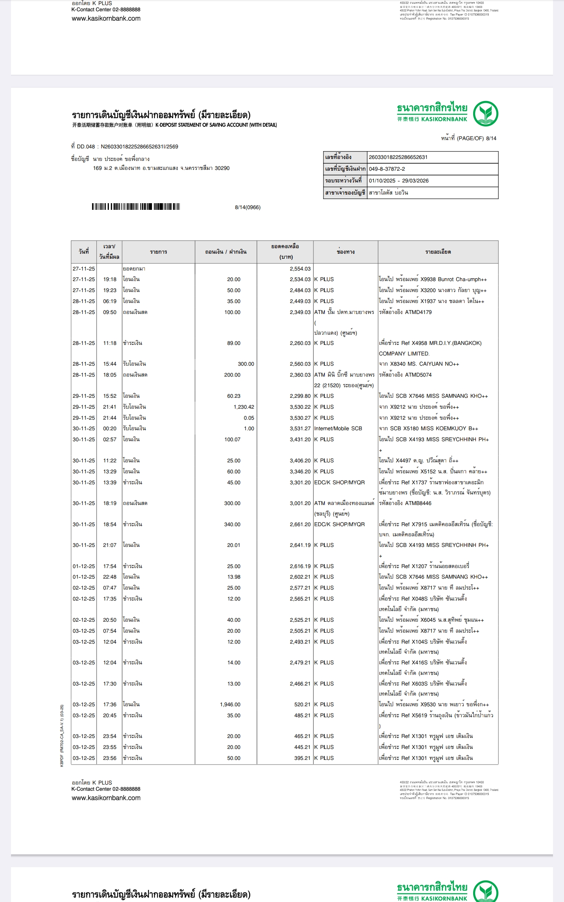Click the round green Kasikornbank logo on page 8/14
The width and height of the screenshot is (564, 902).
tap(485, 114)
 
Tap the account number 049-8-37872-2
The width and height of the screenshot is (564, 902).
tap(387, 169)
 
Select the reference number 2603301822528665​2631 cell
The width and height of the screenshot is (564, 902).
tap(398, 157)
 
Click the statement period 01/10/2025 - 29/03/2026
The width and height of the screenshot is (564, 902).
tap(399, 181)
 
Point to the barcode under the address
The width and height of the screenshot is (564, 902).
tap(136, 207)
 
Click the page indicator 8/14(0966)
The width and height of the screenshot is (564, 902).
tap(248, 207)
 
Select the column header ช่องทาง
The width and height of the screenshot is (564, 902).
tap(345, 252)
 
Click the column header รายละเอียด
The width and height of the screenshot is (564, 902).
tap(438, 252)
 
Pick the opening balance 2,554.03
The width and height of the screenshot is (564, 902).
tap(300, 269)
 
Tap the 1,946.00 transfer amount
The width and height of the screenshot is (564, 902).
tap(230, 704)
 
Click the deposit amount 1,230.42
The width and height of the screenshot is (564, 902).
tap(244, 407)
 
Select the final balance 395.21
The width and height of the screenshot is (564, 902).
tap(302, 758)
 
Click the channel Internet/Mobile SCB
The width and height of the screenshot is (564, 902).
tap(338, 429)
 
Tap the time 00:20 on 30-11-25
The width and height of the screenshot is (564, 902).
tap(110, 429)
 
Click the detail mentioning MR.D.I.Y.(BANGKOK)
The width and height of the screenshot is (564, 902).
tap(430, 343)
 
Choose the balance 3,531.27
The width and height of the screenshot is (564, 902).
tap(300, 429)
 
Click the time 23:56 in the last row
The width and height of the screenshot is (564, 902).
tap(110, 758)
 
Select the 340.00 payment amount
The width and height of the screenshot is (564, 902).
tap(232, 525)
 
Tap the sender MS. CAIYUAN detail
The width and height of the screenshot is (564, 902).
tap(419, 364)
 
